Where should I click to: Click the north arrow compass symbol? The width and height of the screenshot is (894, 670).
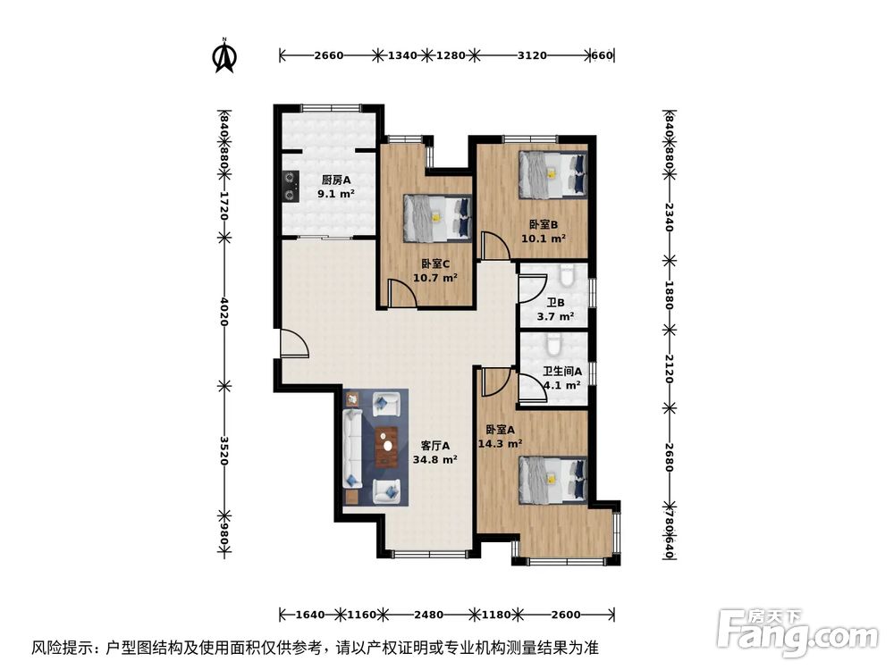pyautogui.click(x=223, y=55)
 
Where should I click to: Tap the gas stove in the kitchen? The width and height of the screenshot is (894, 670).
pyautogui.click(x=290, y=186)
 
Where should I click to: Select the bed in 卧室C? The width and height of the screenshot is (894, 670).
pyautogui.click(x=437, y=218)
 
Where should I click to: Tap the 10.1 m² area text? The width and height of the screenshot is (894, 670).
pyautogui.click(x=544, y=239)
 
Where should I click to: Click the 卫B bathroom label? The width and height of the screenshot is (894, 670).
pyautogui.click(x=554, y=302)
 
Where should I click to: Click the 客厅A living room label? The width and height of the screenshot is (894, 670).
pyautogui.click(x=435, y=446)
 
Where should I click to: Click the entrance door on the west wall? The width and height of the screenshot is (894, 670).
pyautogui.click(x=293, y=344)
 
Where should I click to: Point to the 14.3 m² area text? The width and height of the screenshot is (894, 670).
pyautogui.click(x=500, y=443)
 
